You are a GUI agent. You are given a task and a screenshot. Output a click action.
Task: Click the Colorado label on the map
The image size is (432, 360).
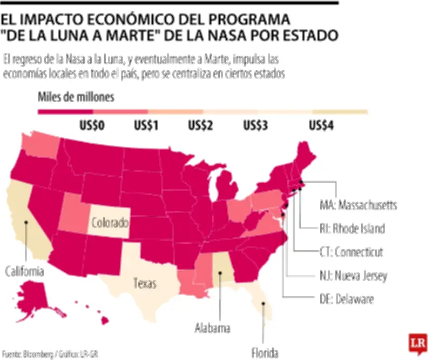(109, 222)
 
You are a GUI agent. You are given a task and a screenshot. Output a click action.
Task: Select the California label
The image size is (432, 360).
(24, 271)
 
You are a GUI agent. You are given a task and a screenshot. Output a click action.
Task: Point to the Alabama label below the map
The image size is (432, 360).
(212, 328)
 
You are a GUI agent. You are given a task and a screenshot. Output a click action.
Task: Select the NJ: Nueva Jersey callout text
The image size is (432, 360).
(352, 276)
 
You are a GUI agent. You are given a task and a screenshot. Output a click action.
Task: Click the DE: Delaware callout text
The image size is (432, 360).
(346, 299)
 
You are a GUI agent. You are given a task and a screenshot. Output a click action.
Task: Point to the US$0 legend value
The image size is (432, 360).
(92, 126)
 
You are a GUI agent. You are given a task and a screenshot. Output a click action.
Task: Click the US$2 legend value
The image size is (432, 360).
(200, 126)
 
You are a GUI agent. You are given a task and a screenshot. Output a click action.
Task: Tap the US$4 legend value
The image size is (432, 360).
(322, 126)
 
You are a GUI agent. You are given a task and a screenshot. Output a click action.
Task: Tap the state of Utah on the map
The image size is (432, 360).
(75, 212)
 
